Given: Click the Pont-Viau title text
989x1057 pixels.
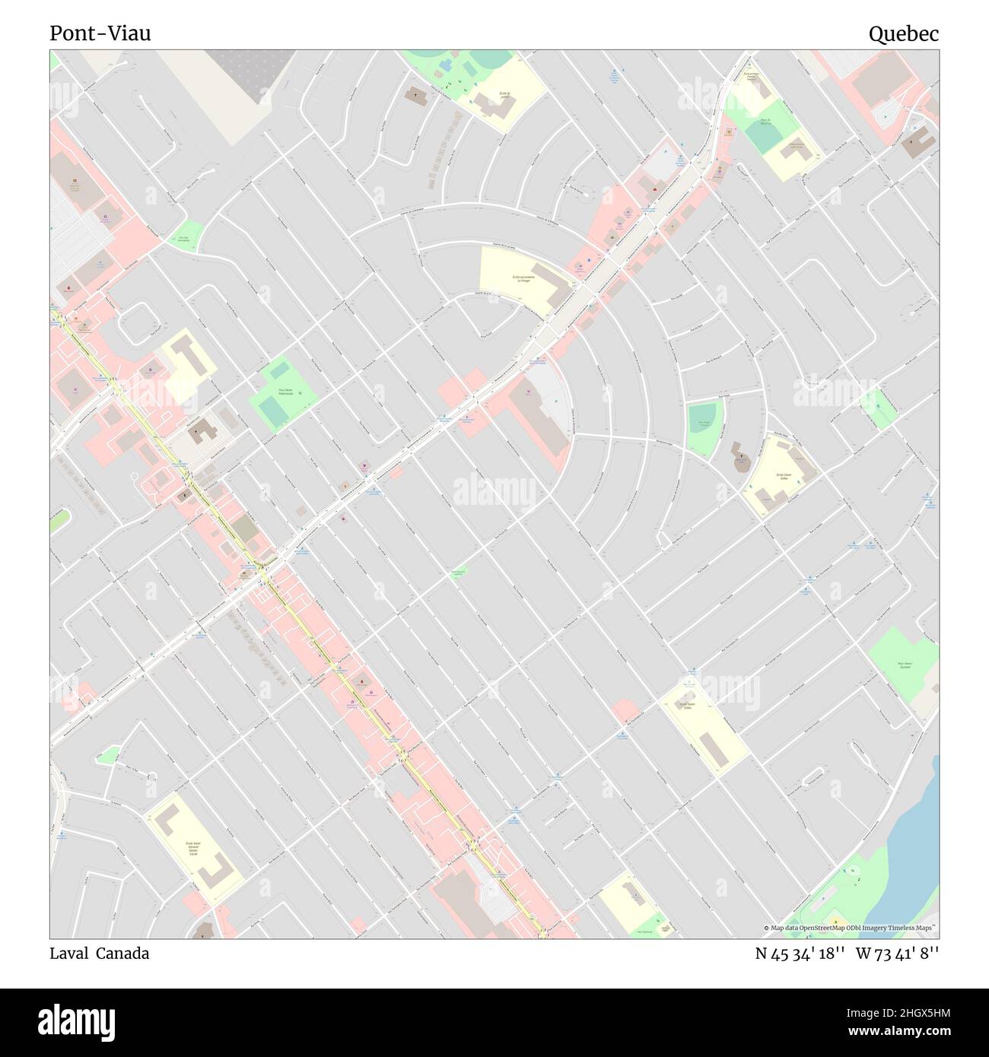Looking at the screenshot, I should (x=100, y=33).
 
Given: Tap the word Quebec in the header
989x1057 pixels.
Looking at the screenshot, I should (x=904, y=33).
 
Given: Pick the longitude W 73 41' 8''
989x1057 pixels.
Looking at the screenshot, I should (x=897, y=954).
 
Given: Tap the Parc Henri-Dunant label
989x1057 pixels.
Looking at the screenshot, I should (x=903, y=665).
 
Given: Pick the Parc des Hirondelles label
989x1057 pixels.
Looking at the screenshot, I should (x=183, y=238).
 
